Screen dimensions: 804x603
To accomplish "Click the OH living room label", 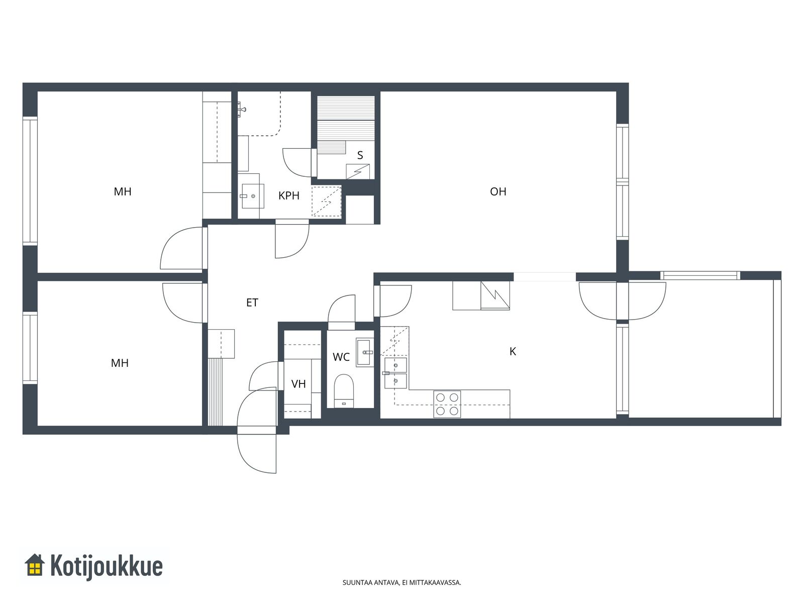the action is coord(498,191).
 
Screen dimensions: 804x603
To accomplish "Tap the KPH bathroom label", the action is coord(288,195).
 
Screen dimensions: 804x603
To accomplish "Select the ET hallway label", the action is coord(252,303).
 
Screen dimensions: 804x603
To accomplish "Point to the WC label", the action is coord(341,357).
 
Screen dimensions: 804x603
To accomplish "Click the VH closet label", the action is coord(298,384).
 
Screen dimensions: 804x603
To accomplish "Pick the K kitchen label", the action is coord(513,351).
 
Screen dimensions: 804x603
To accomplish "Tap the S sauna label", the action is coord(360,155).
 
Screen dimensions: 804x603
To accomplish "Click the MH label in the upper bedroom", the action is coord(122,191).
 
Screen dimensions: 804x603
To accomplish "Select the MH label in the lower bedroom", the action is coord(120,363).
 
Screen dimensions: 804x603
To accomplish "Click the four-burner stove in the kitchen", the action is coord(447,404).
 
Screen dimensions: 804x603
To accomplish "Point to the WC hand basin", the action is coord(364,352).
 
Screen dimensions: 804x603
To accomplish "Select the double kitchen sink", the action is coord(395,373).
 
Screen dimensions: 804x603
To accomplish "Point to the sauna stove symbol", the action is coord(358,172).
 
